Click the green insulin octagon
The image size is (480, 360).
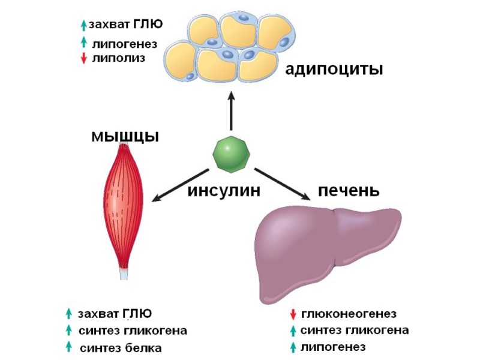[231, 154]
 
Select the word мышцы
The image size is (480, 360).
[125, 136]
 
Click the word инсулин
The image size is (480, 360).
[224, 191]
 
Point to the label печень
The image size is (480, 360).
[349, 191]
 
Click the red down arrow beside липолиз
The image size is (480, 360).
[83, 59]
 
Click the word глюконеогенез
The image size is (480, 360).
[348, 314]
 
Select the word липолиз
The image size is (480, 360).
[118, 58]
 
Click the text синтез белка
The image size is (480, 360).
[121, 347]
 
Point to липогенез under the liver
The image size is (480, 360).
[333, 347]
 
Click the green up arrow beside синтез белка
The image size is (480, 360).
[70, 346]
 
